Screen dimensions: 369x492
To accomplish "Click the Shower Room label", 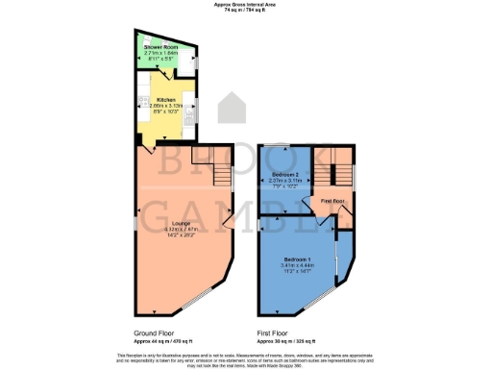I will (160, 45).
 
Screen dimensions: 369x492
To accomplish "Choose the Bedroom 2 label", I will (286, 174).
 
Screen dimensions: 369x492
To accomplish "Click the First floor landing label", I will (332, 201).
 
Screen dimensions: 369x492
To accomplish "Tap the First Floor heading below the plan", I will (274, 333).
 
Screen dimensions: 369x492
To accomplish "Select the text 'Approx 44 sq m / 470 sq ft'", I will (162, 341).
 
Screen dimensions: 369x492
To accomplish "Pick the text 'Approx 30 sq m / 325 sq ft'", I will (285, 341).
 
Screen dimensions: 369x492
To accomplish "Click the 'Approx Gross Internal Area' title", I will (246, 4).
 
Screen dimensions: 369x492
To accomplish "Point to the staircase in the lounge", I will (216, 168).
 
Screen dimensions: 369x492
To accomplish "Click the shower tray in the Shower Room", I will (184, 58).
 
